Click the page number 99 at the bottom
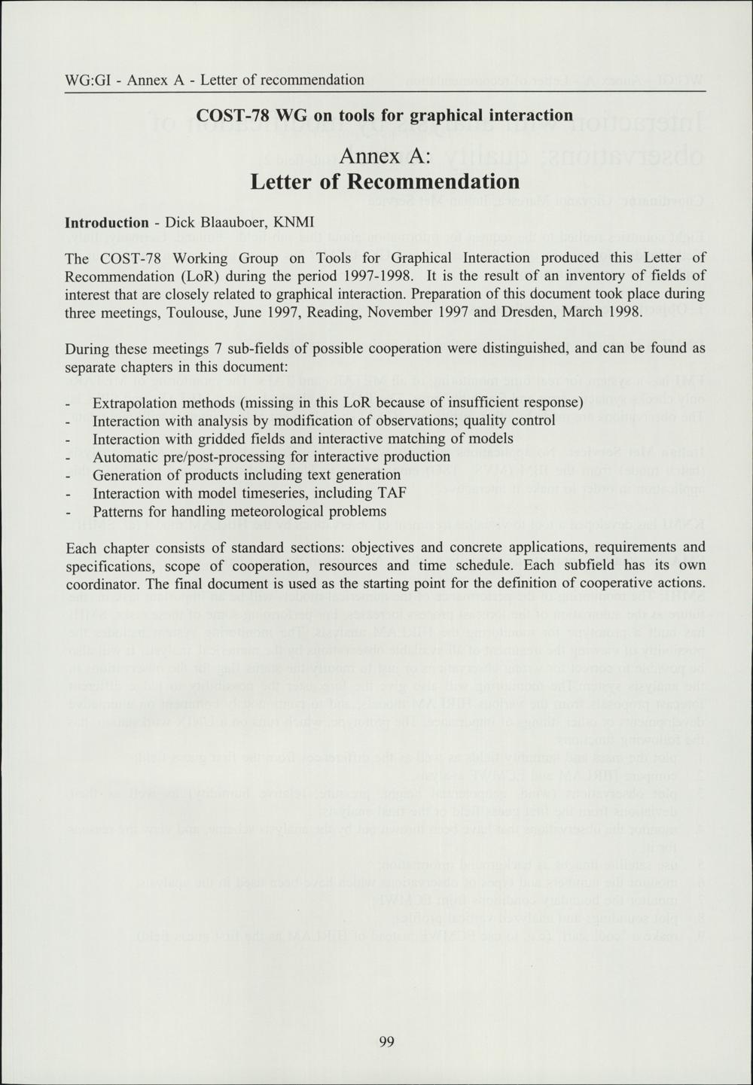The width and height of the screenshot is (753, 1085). [x=386, y=1042]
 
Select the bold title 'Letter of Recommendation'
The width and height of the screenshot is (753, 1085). [x=385, y=182]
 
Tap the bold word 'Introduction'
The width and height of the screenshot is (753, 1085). [x=107, y=223]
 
